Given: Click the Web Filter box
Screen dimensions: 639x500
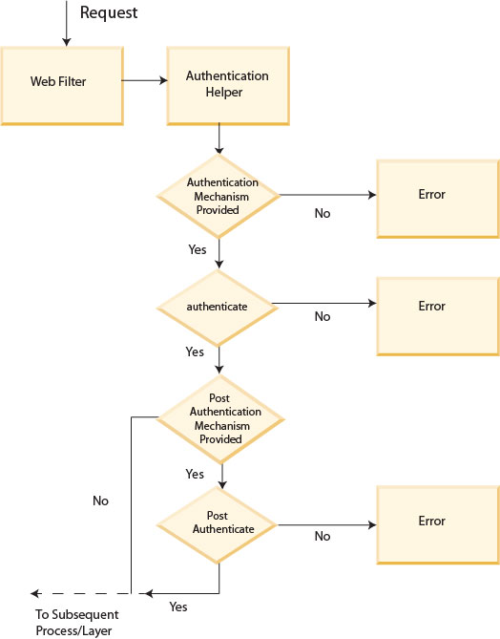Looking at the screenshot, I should [59, 82].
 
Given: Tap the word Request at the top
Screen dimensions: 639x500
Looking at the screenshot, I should [109, 13].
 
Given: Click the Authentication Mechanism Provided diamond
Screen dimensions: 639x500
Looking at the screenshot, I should [221, 195].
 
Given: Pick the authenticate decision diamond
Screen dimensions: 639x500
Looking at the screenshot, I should [221, 307].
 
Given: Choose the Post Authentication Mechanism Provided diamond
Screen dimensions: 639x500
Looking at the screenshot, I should [221, 417].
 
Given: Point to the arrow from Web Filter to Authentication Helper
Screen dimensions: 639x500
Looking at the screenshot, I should [143, 81].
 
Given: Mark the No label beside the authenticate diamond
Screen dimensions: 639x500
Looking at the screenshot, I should [323, 317].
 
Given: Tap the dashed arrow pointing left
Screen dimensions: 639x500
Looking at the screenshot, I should [81, 593].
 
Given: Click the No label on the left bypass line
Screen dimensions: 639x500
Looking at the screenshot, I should [100, 501].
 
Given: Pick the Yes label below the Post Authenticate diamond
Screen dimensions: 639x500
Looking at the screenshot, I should [178, 607].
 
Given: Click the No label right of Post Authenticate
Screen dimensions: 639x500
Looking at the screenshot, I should [323, 537].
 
